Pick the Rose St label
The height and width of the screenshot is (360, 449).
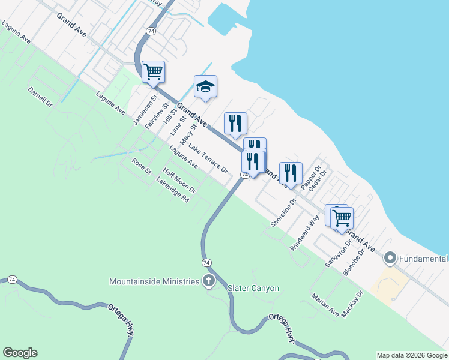(x=142, y=166)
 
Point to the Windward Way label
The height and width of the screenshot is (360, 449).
(x=304, y=235)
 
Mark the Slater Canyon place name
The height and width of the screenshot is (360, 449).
(x=253, y=289)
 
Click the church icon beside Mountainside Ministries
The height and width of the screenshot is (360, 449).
(x=209, y=281)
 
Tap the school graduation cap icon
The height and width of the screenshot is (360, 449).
(x=205, y=87)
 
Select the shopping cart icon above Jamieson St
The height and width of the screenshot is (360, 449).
(x=153, y=71)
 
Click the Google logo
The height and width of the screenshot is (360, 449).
(x=20, y=353)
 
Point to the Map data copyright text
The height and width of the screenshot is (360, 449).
(x=412, y=355)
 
